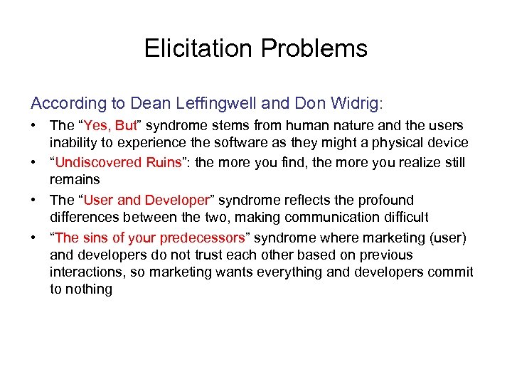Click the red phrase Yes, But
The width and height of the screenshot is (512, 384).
click(110, 125)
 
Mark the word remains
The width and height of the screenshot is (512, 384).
click(75, 180)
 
